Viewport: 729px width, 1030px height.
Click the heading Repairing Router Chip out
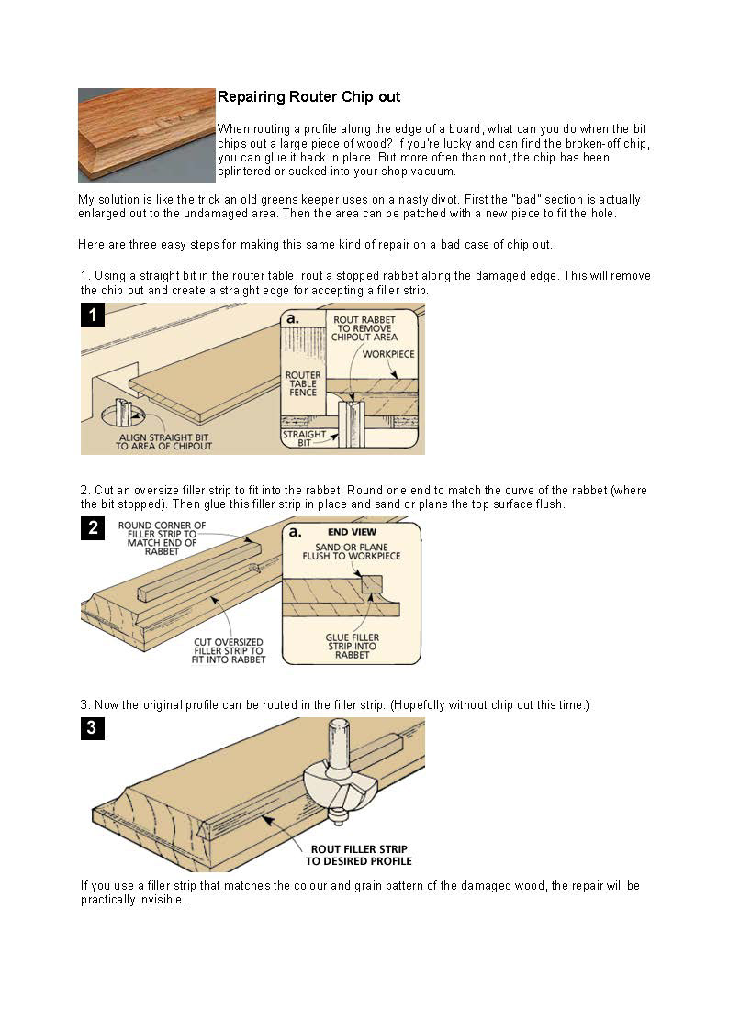(x=308, y=96)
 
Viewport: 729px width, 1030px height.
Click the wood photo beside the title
(x=146, y=135)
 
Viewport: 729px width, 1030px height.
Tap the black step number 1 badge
(x=93, y=316)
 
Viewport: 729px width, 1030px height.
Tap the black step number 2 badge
(x=93, y=527)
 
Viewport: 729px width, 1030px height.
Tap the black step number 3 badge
(x=93, y=729)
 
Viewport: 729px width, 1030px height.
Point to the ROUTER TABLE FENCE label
(x=303, y=383)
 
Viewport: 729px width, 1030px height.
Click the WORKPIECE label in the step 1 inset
(x=388, y=353)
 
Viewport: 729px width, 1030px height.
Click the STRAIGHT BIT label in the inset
(x=304, y=439)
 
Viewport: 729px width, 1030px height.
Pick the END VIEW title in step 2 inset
(x=352, y=532)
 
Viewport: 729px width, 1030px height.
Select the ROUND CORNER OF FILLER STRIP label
(x=162, y=538)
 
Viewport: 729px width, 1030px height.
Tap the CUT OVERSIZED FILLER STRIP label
(x=229, y=650)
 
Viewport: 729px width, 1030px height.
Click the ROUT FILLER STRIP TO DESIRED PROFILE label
(x=360, y=855)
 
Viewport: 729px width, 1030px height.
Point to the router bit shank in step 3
(x=338, y=738)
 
